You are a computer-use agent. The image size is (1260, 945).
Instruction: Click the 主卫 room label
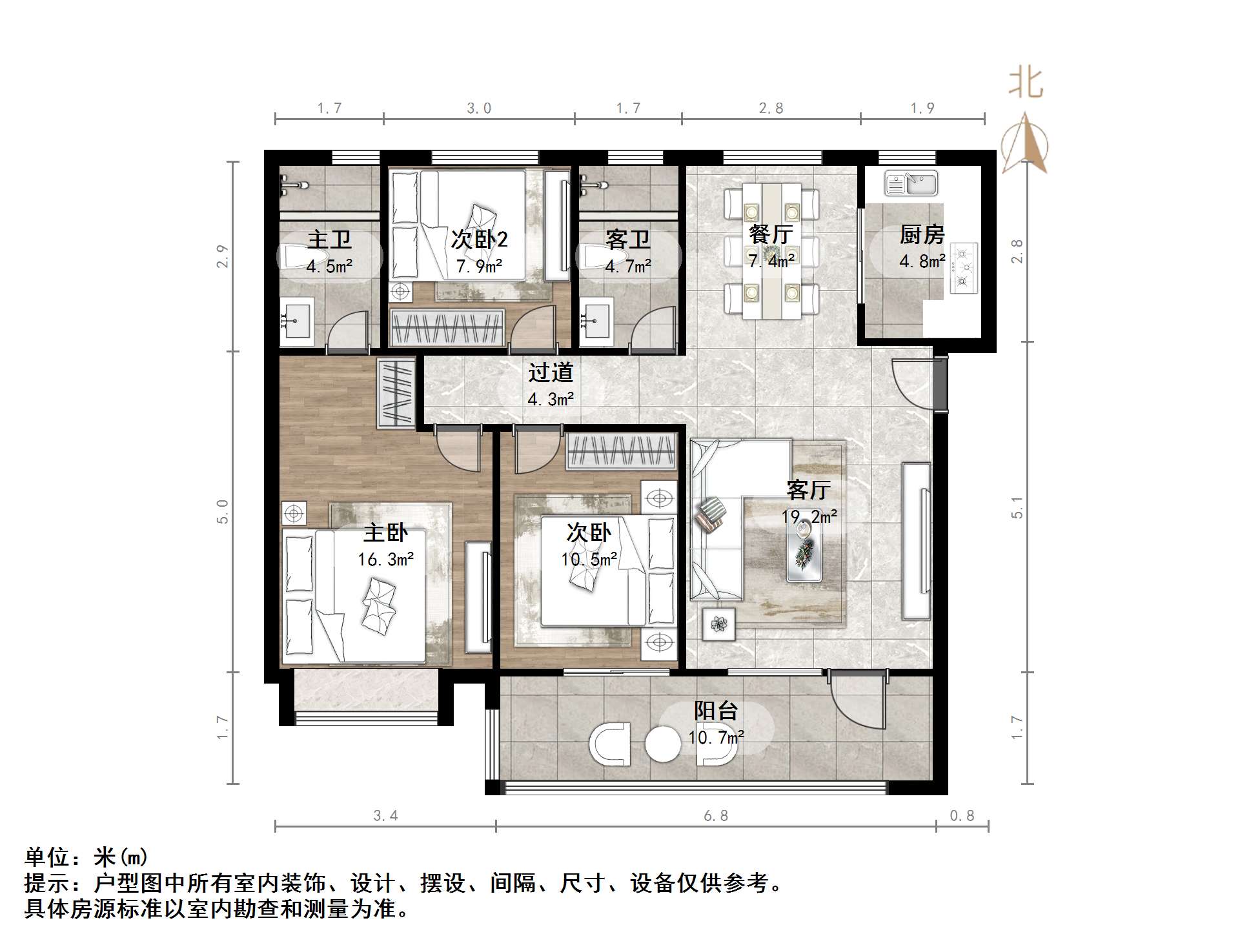[329, 239]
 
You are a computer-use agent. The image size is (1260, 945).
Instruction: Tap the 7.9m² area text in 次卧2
[479, 266]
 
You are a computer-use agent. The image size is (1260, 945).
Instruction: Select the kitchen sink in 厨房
[911, 183]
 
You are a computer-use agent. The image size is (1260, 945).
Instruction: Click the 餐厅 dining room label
[771, 234]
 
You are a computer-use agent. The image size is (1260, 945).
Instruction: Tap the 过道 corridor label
[551, 372]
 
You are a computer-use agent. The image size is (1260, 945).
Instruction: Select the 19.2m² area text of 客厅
[809, 516]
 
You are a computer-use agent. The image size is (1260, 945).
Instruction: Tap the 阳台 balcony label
[716, 711]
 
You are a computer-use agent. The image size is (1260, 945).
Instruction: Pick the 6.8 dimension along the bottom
[716, 816]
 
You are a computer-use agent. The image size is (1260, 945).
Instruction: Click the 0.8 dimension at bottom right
[962, 816]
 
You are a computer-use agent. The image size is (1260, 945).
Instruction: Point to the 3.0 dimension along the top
[479, 108]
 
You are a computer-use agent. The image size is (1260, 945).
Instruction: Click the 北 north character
[1026, 84]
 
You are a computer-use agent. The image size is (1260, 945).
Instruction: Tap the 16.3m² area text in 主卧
[386, 559]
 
